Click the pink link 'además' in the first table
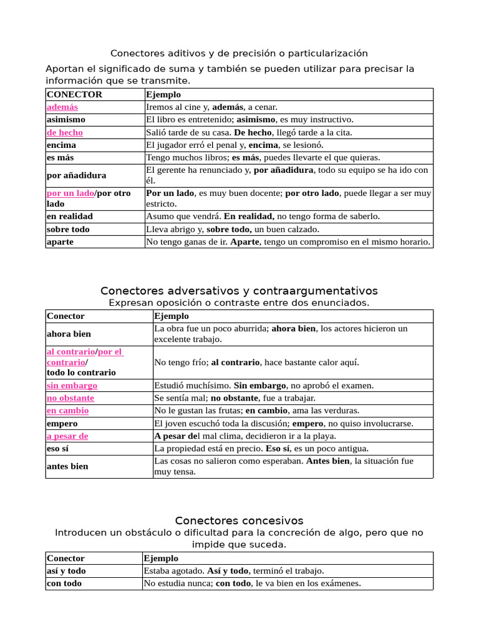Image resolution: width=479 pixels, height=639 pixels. [x=62, y=107]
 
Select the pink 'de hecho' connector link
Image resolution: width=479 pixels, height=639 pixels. [x=65, y=132]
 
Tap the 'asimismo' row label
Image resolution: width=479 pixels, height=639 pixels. [x=66, y=119]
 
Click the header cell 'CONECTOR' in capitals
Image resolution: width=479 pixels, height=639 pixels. [x=74, y=94]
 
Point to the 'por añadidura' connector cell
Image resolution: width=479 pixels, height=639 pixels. [x=77, y=175]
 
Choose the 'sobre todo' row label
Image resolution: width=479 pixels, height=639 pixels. [x=68, y=229]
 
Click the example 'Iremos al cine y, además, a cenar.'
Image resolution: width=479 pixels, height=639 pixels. [x=211, y=107]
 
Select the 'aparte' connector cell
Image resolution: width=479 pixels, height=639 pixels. [x=60, y=241]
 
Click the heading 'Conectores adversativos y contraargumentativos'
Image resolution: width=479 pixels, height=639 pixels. [x=239, y=291]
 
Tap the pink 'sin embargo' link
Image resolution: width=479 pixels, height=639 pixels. [x=72, y=386]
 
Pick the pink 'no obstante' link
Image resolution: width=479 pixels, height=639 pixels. [x=70, y=398]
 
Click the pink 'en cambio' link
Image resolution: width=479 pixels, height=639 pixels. [x=68, y=411]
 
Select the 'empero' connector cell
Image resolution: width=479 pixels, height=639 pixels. [x=62, y=423]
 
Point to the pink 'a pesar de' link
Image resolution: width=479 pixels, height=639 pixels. [x=67, y=436]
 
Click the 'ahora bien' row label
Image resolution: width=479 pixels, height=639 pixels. [x=68, y=334]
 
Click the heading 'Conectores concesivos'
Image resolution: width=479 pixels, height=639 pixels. [x=239, y=520]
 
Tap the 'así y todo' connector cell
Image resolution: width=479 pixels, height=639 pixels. [x=66, y=571]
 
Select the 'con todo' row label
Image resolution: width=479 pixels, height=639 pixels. [x=64, y=583]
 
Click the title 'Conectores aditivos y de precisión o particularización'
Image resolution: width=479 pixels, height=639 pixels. [x=239, y=53]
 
